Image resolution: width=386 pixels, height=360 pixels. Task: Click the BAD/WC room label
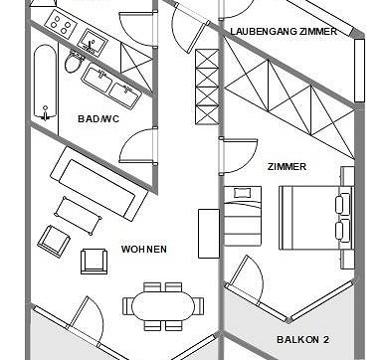98,118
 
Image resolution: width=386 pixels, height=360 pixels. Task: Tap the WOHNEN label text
144,249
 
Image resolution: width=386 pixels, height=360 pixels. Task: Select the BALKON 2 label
302,339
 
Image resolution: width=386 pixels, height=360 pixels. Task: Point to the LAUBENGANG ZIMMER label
284,32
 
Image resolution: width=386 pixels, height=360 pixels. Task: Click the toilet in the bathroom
75,62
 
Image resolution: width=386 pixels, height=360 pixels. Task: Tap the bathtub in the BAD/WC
45,82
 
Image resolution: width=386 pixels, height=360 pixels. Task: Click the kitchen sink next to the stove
93,42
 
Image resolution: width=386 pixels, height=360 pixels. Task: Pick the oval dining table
163,306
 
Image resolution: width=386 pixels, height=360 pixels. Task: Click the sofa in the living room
98,183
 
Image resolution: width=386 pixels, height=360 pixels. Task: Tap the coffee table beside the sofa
78,216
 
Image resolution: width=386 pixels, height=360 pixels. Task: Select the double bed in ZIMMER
316,218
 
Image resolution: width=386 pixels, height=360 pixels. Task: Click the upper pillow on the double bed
342,204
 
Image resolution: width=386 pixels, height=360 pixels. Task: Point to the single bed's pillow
243,193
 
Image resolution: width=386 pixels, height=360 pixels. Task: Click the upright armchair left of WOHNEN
95,262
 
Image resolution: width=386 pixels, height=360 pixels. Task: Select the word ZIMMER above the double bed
287,166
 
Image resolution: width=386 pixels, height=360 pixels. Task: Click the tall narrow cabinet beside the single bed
209,234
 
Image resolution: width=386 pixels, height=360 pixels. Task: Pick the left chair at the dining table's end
127,306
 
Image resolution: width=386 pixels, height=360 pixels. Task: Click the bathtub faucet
45,112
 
